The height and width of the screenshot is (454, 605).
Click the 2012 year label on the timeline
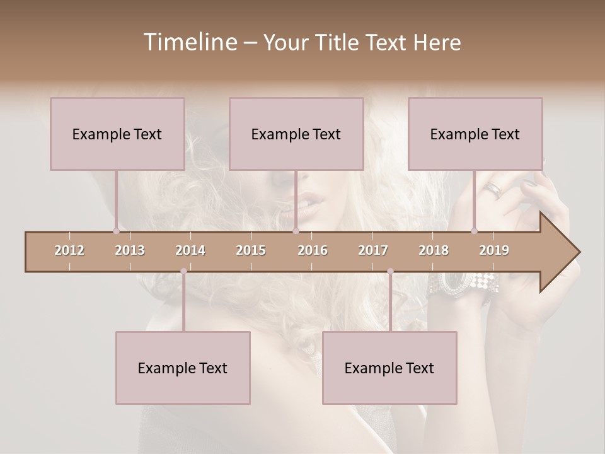pos(69,250)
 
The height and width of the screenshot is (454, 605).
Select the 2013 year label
pos(130,250)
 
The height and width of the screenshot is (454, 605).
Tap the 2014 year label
pos(190,250)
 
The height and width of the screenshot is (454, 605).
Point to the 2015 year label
pos(251,250)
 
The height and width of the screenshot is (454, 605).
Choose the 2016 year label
pos(313,250)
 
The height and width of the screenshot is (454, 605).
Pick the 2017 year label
pos(373,250)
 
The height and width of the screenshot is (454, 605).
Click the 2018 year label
pos(434,250)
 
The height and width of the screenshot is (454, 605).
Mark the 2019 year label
pos(494,250)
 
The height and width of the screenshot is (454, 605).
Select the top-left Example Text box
pos(117,134)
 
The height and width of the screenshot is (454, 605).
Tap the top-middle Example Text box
pos(296,134)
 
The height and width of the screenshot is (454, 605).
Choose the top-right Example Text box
pos(475,134)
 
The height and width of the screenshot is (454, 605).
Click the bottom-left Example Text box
pos(183,368)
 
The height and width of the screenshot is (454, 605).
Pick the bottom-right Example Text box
pos(389,368)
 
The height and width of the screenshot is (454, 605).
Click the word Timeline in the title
pos(189,42)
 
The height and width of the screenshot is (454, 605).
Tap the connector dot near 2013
pos(116,231)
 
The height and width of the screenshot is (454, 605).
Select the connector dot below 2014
pos(183,271)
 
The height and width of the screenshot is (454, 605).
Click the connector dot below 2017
pos(390,271)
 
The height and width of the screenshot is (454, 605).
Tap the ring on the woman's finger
pos(494,189)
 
